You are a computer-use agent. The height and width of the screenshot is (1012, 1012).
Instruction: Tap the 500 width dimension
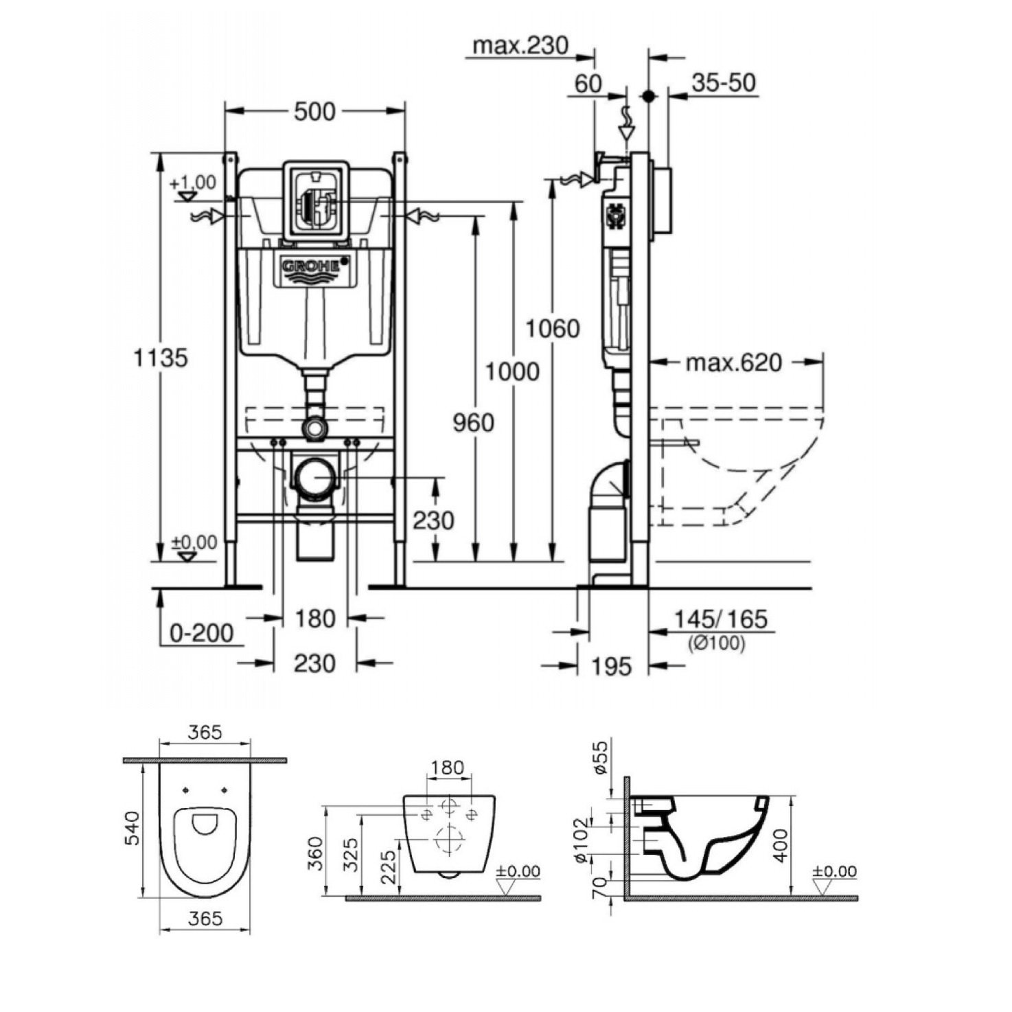point(314,112)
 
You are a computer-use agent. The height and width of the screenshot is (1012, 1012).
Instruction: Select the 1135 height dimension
point(160,358)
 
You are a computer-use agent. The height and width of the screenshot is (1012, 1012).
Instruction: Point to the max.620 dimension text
point(734,363)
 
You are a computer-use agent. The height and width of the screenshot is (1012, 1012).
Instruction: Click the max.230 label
point(520,46)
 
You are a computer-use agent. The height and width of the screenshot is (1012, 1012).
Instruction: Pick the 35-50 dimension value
point(724,82)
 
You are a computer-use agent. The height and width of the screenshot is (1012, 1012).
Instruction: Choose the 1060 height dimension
point(553,329)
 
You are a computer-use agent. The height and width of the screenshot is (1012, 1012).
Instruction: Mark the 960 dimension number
point(474,423)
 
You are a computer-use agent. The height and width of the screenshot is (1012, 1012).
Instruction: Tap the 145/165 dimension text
point(720,619)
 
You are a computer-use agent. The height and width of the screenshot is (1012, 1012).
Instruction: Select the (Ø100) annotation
point(716,643)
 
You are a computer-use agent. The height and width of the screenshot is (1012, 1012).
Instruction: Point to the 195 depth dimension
point(612,667)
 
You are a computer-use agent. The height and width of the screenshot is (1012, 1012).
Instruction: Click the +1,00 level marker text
point(193,182)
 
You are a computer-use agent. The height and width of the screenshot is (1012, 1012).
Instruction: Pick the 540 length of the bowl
point(132,842)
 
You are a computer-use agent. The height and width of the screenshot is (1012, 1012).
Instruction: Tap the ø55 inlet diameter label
point(601,757)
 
